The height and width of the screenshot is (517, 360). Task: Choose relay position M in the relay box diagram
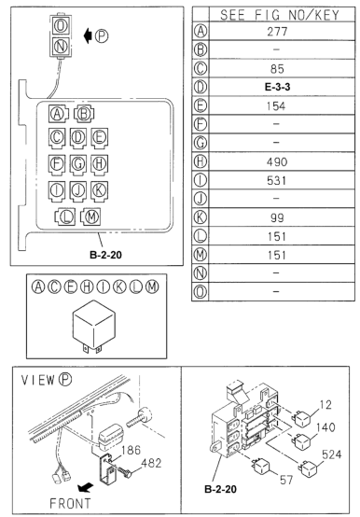point(90,217)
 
